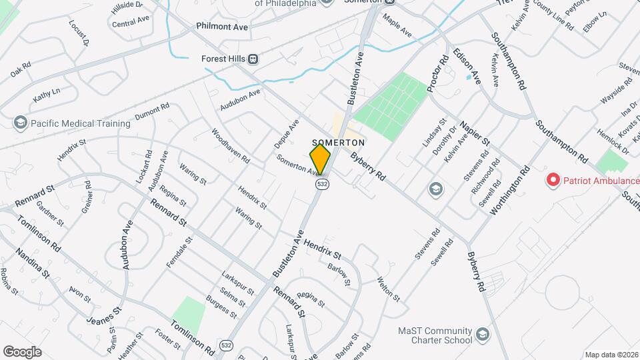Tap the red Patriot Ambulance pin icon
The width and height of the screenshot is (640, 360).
[x=553, y=180]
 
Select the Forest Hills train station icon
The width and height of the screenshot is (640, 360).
[x=253, y=59]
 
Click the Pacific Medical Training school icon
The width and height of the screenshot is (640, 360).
[x=20, y=123]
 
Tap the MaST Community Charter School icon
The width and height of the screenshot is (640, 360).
[x=481, y=333]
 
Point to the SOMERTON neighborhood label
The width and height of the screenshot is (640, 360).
[x=337, y=142]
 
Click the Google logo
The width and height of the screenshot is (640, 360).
[x=22, y=351]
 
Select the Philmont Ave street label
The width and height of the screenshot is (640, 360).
[x=222, y=27]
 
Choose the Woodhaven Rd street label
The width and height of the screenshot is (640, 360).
[x=230, y=146]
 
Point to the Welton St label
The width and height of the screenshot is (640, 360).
[x=387, y=289]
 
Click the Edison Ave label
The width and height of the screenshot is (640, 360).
[x=467, y=65]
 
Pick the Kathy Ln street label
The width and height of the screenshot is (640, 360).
[x=46, y=95]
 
